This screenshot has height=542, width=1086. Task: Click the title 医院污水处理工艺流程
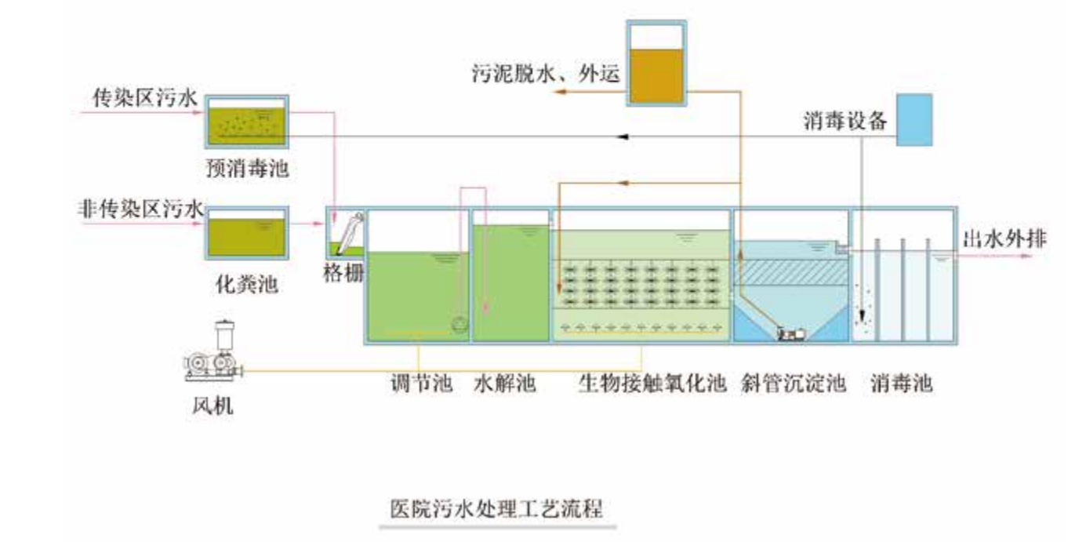[x=496, y=508]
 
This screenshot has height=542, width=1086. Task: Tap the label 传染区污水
[x=145, y=98]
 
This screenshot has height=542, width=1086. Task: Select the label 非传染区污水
[x=140, y=209]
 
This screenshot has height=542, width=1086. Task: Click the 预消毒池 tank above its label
[x=247, y=122]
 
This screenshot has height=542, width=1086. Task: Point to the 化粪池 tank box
[x=247, y=233]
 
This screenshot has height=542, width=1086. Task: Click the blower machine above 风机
[x=213, y=351]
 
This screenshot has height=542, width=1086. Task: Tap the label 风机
[x=212, y=406]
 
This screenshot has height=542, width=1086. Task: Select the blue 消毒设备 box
[x=914, y=120]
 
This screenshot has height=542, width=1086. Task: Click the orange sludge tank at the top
[x=656, y=63]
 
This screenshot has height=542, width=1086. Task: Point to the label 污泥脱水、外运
[x=546, y=74]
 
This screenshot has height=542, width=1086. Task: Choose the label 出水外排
[x=1004, y=239]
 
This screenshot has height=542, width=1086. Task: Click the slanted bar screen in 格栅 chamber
[x=350, y=233]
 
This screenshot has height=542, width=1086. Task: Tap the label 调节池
[x=421, y=383]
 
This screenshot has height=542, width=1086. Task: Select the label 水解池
[x=505, y=383]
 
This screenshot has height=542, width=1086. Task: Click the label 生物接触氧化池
[x=652, y=383]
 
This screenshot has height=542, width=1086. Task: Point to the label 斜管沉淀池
[x=794, y=383]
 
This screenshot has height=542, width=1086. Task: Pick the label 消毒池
[x=902, y=383]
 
